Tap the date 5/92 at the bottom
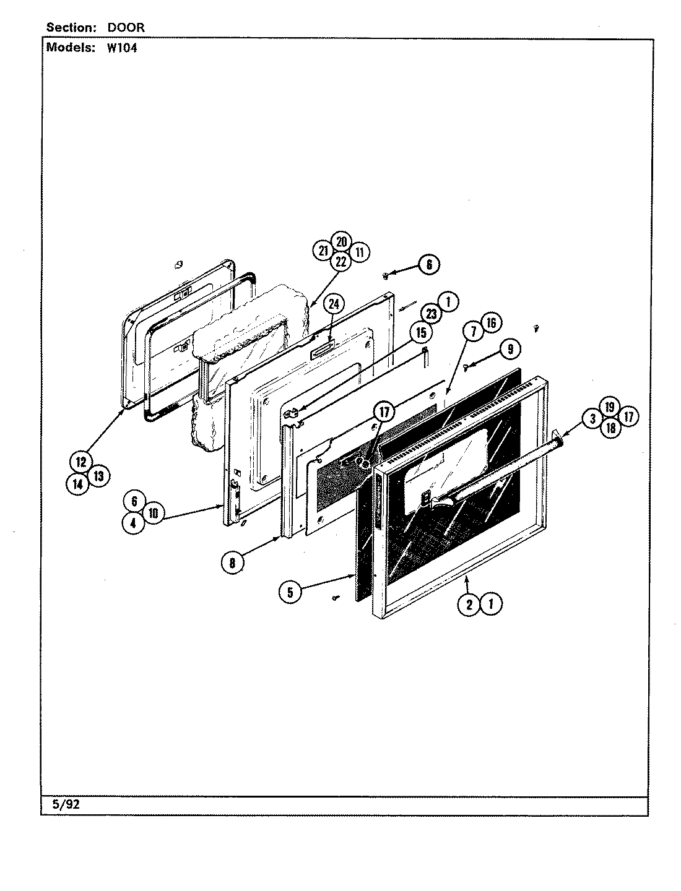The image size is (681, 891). [x=64, y=805]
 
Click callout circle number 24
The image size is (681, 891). [x=334, y=304]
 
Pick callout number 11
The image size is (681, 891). [x=359, y=252]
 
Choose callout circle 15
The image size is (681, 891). [x=420, y=333]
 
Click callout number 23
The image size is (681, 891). [x=431, y=314]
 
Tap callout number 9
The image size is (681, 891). [x=510, y=350]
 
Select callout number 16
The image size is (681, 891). [x=490, y=323]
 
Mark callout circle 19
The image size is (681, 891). [x=610, y=407]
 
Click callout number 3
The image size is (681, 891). [x=592, y=419]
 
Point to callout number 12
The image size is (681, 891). [x=81, y=462]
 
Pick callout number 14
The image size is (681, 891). [x=77, y=485]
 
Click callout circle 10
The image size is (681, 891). [x=153, y=512]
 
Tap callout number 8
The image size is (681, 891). [x=232, y=562]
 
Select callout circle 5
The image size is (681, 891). [x=290, y=592]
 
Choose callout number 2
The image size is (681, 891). [x=469, y=604]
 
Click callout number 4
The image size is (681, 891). [x=133, y=522]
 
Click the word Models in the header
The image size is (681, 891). [x=67, y=48]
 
